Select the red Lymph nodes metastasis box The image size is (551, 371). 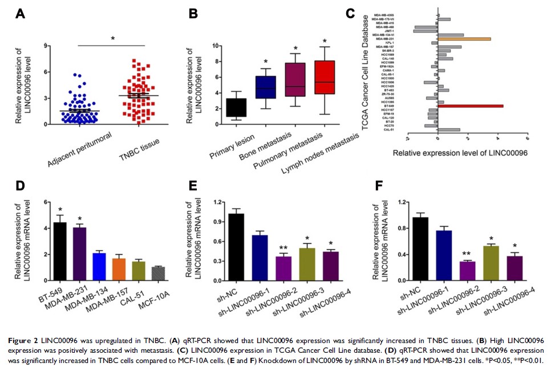tap(325, 77)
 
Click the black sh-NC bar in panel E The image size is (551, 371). tap(236, 247)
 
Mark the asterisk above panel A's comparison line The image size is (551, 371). tap(114, 39)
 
